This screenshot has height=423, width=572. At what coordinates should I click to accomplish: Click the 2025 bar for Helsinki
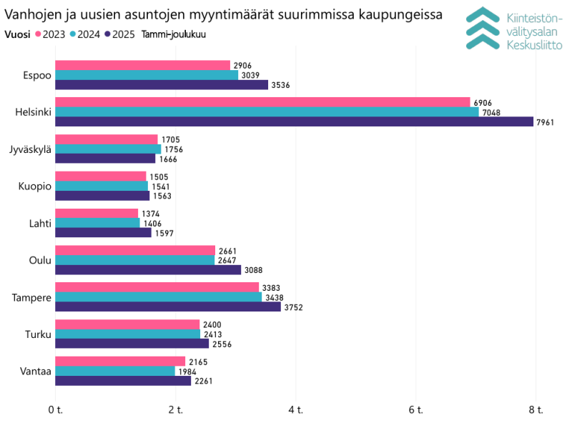tap(294, 121)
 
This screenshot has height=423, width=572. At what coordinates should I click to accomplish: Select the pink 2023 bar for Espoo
tap(142, 66)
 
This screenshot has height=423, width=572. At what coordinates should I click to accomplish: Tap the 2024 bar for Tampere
tap(158, 297)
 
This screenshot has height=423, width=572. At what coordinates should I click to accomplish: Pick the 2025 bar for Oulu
tap(148, 269)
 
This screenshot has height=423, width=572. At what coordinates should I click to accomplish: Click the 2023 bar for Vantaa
tap(120, 362)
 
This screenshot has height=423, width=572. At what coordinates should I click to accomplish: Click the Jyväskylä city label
tap(30, 149)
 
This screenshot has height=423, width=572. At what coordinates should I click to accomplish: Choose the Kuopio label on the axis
tap(35, 186)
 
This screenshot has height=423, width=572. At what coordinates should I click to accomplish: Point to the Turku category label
tap(38, 334)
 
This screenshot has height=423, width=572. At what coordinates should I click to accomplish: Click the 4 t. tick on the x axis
tap(295, 409)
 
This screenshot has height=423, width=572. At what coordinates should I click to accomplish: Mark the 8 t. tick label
tap(536, 409)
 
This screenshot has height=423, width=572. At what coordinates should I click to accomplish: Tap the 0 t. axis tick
tap(55, 409)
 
